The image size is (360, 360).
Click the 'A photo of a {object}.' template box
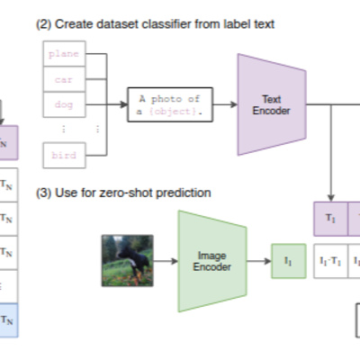coord(171,104)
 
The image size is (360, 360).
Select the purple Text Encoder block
coord(271,103)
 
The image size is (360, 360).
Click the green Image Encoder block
coord(212,261)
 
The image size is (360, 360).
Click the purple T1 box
coord(329,220)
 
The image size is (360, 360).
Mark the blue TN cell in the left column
coord(9,319)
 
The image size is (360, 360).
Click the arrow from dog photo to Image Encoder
coord(166,261)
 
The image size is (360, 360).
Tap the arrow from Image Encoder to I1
coord(259,261)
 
